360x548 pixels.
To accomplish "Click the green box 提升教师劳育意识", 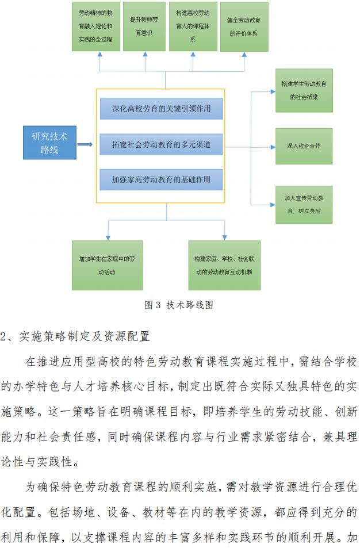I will tap(144, 26).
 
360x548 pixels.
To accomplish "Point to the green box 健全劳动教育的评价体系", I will tap(244, 26).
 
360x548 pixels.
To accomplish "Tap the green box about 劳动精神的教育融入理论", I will tap(95, 26).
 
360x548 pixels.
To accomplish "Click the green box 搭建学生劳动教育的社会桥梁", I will tap(304, 90).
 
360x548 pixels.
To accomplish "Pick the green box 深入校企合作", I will tap(304, 146).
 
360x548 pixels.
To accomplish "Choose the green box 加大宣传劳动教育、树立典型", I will tap(304, 204).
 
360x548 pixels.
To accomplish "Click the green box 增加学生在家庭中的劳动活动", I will tap(107, 265).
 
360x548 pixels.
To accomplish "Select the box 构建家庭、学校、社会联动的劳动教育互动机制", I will tap(224, 265).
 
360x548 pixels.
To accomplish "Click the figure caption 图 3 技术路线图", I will tap(179, 305).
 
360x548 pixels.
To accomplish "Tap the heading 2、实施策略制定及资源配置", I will tap(75, 335).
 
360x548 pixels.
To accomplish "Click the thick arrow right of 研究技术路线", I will tap(85, 144).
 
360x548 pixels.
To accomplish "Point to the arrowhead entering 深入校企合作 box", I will tap(272, 146).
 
